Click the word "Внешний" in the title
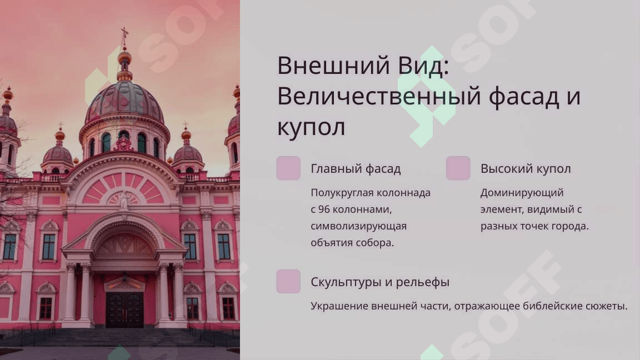click(x=333, y=66)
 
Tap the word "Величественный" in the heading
click(x=379, y=96)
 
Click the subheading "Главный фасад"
click(x=356, y=168)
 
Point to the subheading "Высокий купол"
click(x=526, y=168)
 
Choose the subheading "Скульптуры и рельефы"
click(x=380, y=282)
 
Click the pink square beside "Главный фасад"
click(x=288, y=168)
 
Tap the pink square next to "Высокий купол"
click(x=458, y=168)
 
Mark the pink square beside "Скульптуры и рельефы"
click(x=288, y=281)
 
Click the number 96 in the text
click(x=324, y=209)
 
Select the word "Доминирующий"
click(x=522, y=193)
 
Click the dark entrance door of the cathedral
click(x=124, y=310)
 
